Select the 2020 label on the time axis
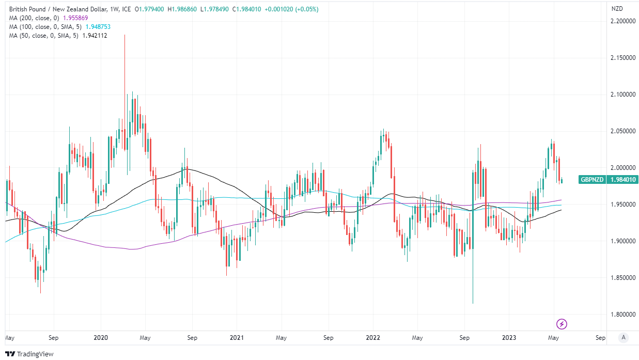pos(100,338)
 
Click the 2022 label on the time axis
pos(372,338)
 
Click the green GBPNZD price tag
pos(608,180)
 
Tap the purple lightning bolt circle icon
pos(562,324)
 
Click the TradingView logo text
pos(35,354)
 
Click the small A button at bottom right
pos(624,337)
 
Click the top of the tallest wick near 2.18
pos(124,35)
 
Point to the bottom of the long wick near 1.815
pos(473,303)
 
